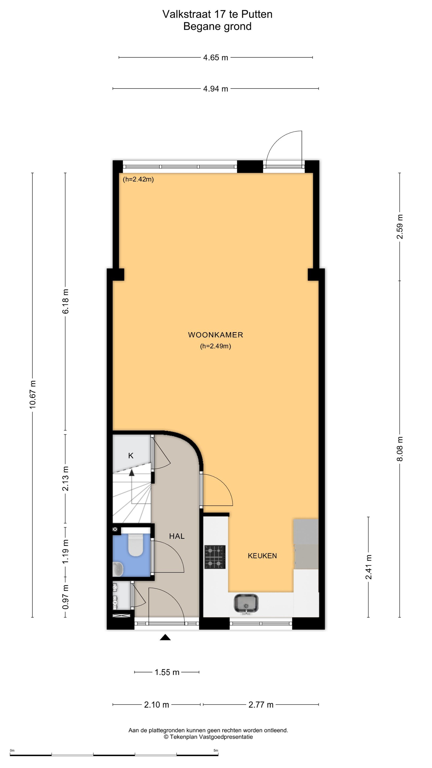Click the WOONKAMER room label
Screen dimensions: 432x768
(x=215, y=335)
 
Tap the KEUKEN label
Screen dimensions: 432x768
(x=262, y=556)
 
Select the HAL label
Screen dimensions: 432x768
(x=177, y=536)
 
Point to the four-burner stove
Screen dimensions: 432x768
(x=215, y=557)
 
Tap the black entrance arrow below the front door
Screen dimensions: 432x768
(x=165, y=637)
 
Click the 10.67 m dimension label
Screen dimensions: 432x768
(x=33, y=394)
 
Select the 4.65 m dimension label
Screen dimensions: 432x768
(x=215, y=58)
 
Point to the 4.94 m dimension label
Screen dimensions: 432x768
(x=215, y=89)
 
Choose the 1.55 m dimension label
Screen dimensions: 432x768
(x=167, y=672)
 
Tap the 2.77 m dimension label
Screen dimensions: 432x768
(x=261, y=705)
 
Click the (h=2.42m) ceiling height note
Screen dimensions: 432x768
(x=138, y=179)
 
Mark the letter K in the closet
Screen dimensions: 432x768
(x=131, y=455)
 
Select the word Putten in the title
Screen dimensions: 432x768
(x=257, y=14)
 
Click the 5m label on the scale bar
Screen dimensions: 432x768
(x=216, y=750)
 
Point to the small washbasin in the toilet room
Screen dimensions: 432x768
(x=118, y=569)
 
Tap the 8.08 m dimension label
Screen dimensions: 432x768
(x=400, y=449)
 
